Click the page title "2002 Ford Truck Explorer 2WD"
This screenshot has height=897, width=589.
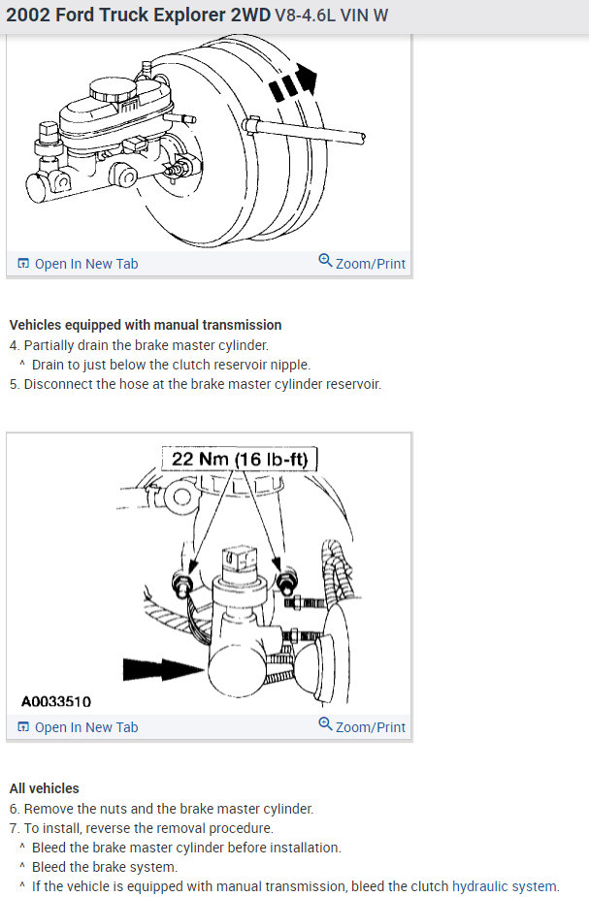pyautogui.click(x=137, y=16)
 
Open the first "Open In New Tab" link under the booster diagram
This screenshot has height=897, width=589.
pyautogui.click(x=85, y=264)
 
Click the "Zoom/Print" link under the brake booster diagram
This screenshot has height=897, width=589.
pyautogui.click(x=370, y=264)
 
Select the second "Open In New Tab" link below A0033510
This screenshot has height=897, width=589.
pyautogui.click(x=85, y=727)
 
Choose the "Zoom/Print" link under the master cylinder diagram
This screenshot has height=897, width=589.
pyautogui.click(x=370, y=727)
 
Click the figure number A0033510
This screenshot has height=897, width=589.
pyautogui.click(x=56, y=701)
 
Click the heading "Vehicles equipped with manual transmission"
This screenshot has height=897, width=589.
pyautogui.click(x=146, y=325)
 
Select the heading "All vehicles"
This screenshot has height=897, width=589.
pyautogui.click(x=45, y=788)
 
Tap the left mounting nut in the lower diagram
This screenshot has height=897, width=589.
pyautogui.click(x=180, y=583)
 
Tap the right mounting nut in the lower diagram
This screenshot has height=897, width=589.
pyautogui.click(x=285, y=583)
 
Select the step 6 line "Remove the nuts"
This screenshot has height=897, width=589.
pyautogui.click(x=168, y=809)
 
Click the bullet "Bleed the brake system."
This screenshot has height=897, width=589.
pyautogui.click(x=105, y=867)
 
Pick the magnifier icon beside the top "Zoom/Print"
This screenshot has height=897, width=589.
pyautogui.click(x=325, y=262)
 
